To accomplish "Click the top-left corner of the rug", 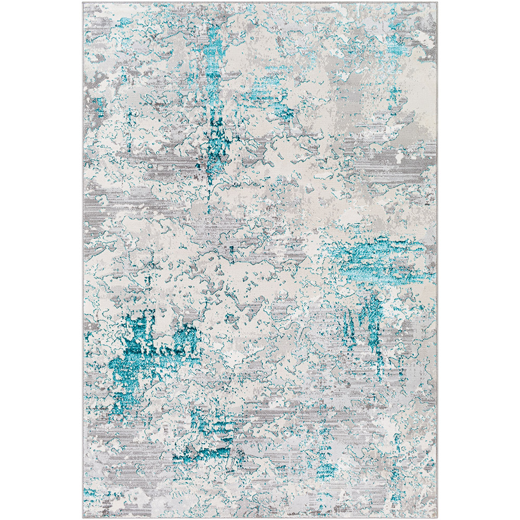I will (83, 3).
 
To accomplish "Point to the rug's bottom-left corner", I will (83, 517).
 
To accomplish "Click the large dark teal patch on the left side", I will (138, 354).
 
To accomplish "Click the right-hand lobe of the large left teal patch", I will (185, 341).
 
